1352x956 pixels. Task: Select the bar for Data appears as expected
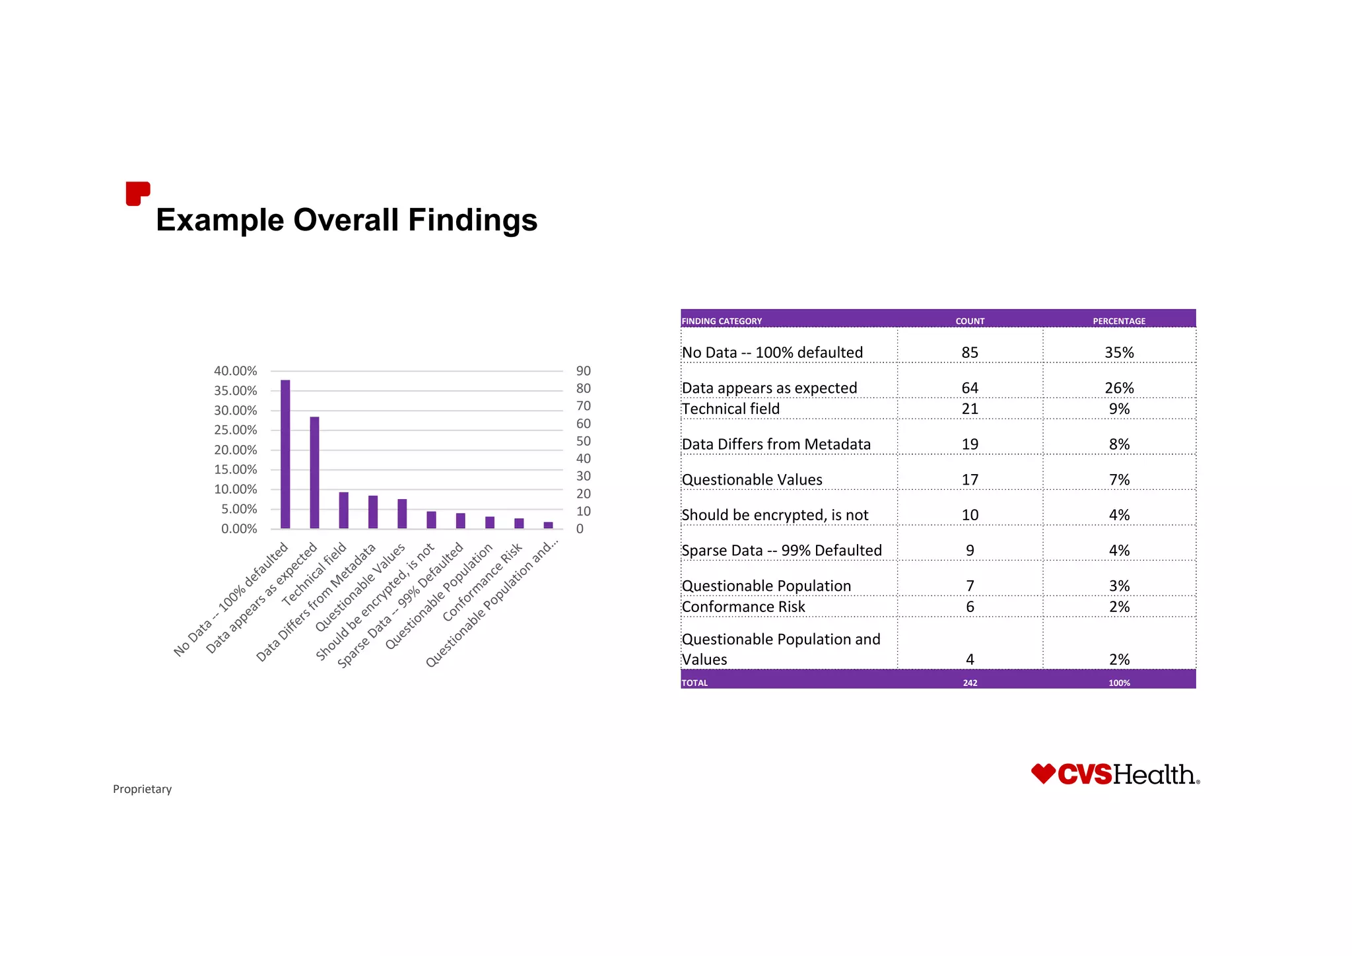(x=314, y=473)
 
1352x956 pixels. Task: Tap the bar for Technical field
(x=343, y=510)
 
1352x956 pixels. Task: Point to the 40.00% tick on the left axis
(x=236, y=371)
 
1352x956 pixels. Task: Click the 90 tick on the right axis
(x=584, y=371)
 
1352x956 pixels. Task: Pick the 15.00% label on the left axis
(x=236, y=469)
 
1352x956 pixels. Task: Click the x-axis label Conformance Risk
(x=483, y=582)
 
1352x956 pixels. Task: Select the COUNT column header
(x=970, y=321)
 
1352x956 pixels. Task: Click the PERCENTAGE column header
(x=1119, y=321)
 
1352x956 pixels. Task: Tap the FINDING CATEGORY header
(x=722, y=321)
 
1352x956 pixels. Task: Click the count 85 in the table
(x=970, y=353)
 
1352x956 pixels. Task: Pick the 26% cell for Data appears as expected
(x=1119, y=388)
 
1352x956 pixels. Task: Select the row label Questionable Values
(x=752, y=480)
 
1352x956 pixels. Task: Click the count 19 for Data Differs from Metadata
(x=970, y=444)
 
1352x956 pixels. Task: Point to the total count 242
(x=970, y=683)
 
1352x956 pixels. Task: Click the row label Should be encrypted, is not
(x=775, y=515)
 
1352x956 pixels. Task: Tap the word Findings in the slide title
(x=473, y=220)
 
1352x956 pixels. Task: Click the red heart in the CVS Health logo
(x=1043, y=773)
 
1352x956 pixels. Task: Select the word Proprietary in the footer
(x=142, y=789)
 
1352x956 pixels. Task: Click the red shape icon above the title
(x=137, y=193)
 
